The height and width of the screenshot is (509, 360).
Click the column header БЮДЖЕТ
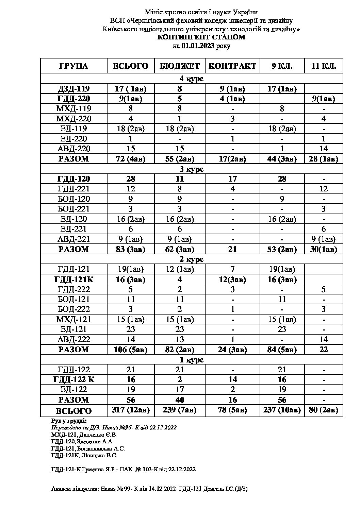pyautogui.click(x=180, y=66)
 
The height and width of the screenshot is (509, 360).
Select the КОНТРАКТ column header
pyautogui.click(x=232, y=66)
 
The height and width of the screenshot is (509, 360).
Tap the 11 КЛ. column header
pyautogui.click(x=323, y=66)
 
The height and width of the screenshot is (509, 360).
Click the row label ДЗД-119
pyautogui.click(x=74, y=89)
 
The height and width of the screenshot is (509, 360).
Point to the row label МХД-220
pyautogui.click(x=74, y=119)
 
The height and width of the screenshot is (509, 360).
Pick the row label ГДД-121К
pyautogui.click(x=74, y=279)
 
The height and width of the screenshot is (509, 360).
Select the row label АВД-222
pyautogui.click(x=74, y=339)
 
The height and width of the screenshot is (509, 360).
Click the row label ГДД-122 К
pyautogui.click(x=74, y=379)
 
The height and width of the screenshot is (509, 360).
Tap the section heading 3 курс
pyautogui.click(x=192, y=169)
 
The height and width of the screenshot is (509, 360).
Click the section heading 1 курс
pyautogui.click(x=192, y=360)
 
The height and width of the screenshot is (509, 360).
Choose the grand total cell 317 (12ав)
pyautogui.click(x=131, y=410)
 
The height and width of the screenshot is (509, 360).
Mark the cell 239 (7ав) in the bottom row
pyautogui.click(x=180, y=410)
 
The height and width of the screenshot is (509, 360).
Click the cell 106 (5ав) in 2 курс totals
pyautogui.click(x=131, y=350)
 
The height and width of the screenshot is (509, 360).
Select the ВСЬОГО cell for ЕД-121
pyautogui.click(x=131, y=329)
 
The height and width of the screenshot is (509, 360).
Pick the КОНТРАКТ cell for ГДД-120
pyautogui.click(x=232, y=179)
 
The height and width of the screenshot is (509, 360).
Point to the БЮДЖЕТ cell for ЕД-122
pyautogui.click(x=180, y=389)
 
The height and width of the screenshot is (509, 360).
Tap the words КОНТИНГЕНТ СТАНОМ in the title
pyautogui.click(x=201, y=37)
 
